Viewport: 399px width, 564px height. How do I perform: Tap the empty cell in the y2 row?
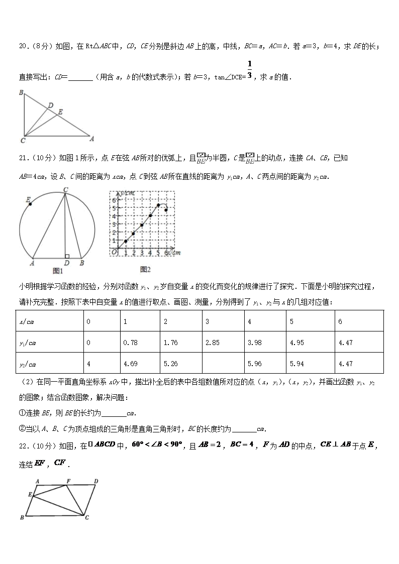tap(223, 364)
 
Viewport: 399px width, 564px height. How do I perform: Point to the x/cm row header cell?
tap(49, 321)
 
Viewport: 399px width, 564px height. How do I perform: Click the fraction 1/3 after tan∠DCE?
tap(249, 70)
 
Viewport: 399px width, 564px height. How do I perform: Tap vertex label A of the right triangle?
tap(91, 137)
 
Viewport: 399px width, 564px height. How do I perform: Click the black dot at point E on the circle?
tap(30, 204)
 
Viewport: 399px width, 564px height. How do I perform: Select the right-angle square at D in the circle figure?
tap(67, 256)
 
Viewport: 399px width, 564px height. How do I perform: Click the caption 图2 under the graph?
tap(146, 269)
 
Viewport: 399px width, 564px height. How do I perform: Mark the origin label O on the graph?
tap(114, 252)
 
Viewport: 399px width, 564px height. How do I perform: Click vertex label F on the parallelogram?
tap(68, 480)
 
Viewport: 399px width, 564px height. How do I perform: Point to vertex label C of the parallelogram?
tap(87, 518)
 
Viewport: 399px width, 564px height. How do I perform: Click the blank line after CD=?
tap(80, 77)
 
